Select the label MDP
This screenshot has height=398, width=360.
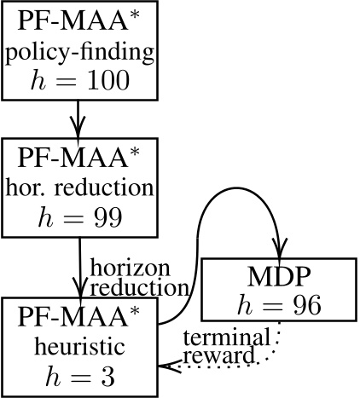click(277, 278)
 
